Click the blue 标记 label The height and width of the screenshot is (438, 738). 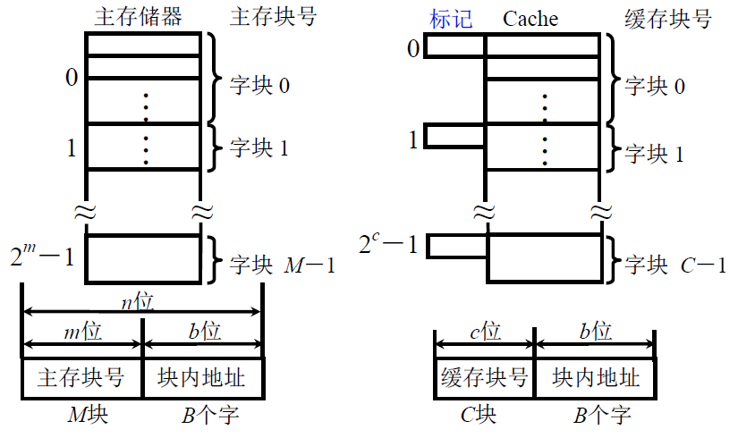(x=451, y=19)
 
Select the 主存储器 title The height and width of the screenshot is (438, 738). (x=142, y=17)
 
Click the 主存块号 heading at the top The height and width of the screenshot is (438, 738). (x=273, y=17)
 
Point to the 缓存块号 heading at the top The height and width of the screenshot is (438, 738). (x=667, y=19)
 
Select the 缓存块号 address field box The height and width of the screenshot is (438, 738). (x=484, y=378)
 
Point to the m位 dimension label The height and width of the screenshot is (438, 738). (x=82, y=333)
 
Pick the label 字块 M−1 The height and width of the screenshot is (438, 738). (x=283, y=265)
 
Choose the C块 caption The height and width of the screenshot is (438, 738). (x=479, y=416)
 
